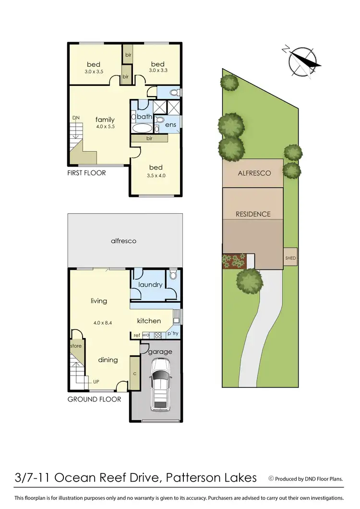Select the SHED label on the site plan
tap(291, 258)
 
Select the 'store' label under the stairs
tap(76, 346)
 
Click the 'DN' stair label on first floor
tap(76, 117)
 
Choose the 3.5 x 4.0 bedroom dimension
tap(156, 175)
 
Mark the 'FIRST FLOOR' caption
tap(86, 172)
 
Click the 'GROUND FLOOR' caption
tap(94, 399)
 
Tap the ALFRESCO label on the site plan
tap(254, 173)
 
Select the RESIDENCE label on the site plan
tap(253, 214)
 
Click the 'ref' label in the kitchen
tap(137, 335)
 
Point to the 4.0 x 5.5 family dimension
tap(105, 127)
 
